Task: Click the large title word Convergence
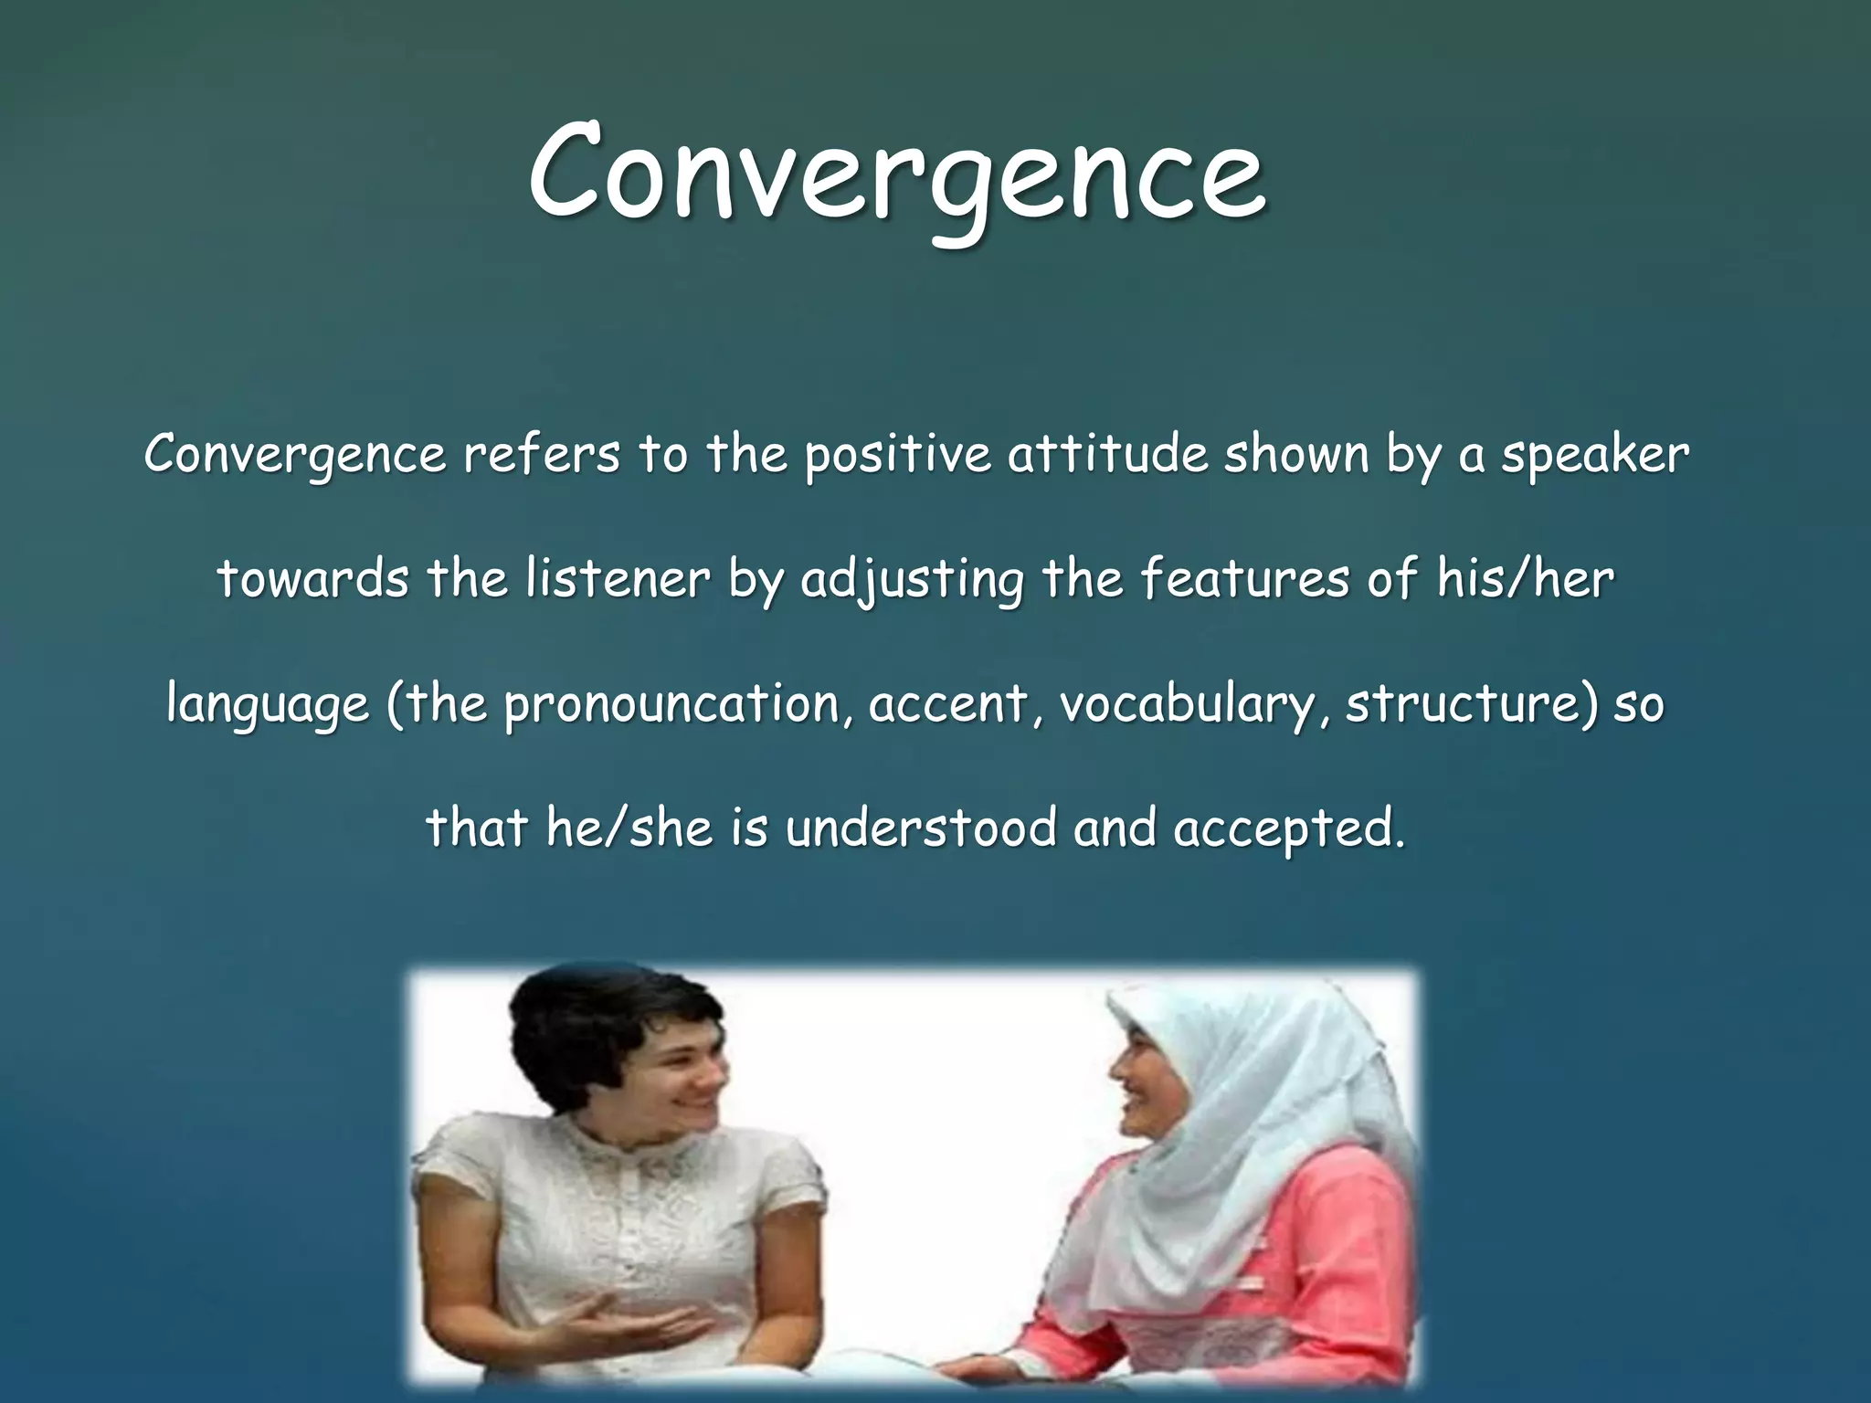tap(897, 174)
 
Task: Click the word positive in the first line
tap(896, 454)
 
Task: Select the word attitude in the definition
tap(1107, 454)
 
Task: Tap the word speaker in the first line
tap(1595, 454)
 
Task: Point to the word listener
tap(618, 579)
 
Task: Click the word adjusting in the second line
tap(912, 579)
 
